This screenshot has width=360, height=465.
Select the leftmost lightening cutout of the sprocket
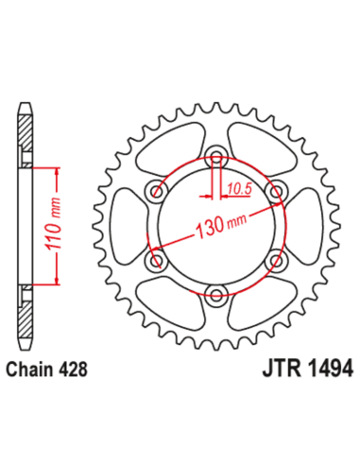127,228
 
